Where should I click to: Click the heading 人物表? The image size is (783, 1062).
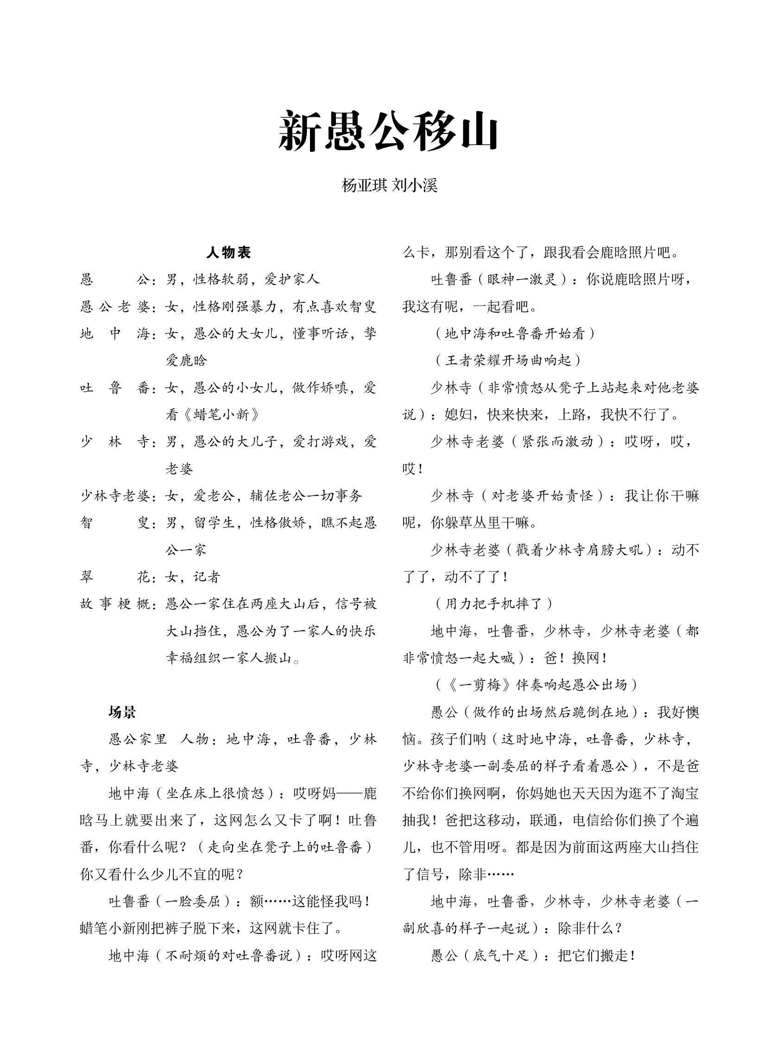[228, 253]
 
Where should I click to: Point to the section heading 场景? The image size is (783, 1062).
[122, 712]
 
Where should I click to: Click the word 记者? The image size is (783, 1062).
[207, 577]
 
